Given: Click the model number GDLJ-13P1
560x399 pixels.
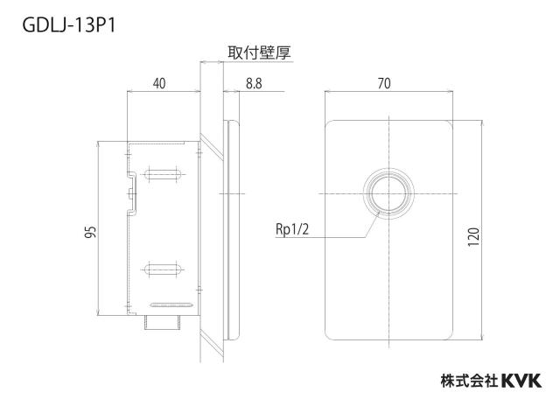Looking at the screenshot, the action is (69, 25).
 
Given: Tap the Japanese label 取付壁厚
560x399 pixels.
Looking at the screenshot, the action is (259, 52).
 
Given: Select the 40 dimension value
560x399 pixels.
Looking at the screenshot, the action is (159, 84).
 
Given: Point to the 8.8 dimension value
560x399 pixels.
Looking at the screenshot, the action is (254, 84).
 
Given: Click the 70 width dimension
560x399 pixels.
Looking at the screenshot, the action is (384, 84).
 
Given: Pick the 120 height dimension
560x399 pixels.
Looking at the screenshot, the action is (473, 236).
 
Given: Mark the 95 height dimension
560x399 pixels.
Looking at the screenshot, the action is (91, 232).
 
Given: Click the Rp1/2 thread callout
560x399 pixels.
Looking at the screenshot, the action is (292, 229).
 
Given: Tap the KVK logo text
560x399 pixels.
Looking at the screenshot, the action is (521, 381).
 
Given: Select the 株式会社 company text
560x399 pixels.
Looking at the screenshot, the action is (469, 381).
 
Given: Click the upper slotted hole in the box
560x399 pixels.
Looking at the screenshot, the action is (163, 175).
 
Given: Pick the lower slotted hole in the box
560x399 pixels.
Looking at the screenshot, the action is (163, 269).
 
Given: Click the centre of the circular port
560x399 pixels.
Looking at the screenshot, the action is (388, 193).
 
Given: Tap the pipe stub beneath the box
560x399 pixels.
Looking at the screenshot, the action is (164, 323).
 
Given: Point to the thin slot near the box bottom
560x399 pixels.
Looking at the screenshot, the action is (172, 305).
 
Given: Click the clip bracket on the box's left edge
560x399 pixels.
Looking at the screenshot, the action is (132, 193).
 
